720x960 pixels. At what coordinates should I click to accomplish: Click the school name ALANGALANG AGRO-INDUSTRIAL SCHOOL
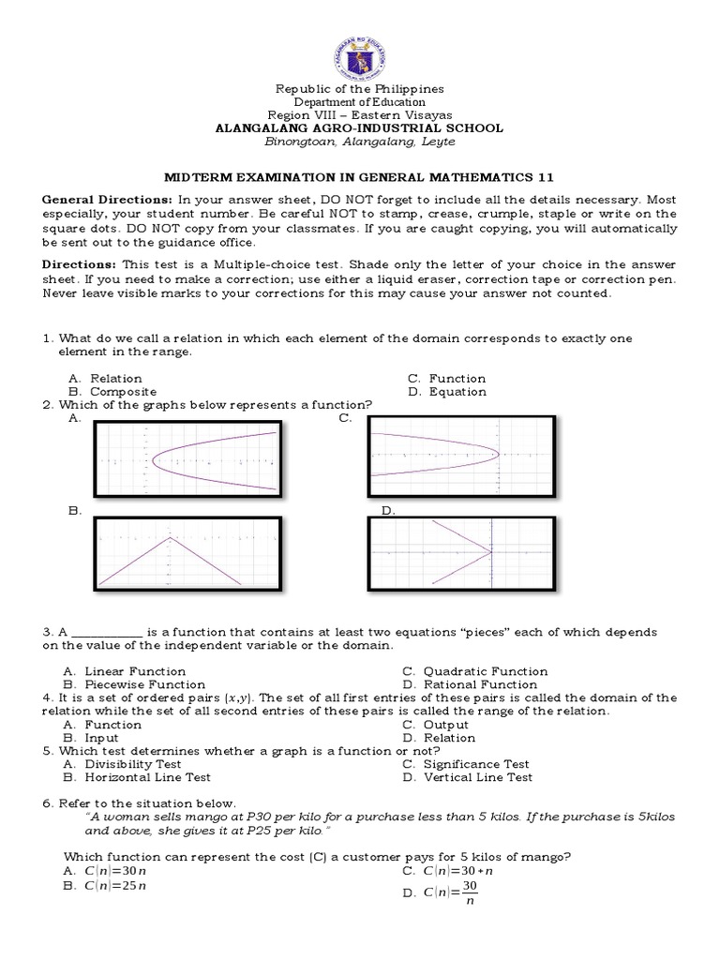(360, 128)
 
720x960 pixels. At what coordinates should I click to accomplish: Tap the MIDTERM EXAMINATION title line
(360, 176)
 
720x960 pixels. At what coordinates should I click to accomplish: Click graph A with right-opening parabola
(188, 457)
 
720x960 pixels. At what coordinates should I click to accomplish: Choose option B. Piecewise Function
(134, 684)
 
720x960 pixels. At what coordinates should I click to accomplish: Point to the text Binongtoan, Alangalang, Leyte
(360, 142)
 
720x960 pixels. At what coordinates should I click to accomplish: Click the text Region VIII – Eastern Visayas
(360, 115)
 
